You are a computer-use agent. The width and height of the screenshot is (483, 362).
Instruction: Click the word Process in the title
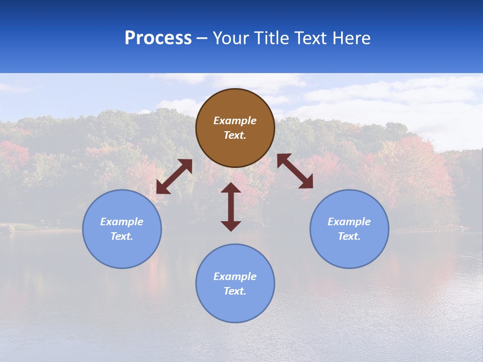pos(158,38)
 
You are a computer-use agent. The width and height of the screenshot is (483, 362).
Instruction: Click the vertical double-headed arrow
pos(231,207)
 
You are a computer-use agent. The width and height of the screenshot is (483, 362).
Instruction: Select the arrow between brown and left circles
pos(174,176)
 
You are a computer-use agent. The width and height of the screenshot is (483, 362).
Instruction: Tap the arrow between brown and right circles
pos(295,171)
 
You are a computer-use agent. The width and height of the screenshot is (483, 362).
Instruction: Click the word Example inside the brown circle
pos(235,121)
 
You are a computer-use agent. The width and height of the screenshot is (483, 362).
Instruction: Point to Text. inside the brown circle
pos(235,136)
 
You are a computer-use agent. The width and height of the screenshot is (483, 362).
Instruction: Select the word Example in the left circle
pos(122,222)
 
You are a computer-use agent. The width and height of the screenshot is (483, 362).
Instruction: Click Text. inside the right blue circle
pos(349,236)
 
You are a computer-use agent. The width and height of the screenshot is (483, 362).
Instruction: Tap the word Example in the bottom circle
pos(235,277)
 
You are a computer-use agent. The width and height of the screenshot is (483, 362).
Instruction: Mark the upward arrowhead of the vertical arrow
pos(231,188)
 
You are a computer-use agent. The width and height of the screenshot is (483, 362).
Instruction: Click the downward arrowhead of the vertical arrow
pos(231,226)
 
